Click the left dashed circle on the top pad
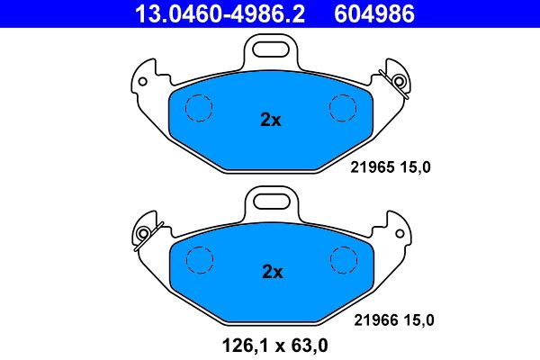tap(197, 108)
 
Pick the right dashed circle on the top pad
tap(344, 108)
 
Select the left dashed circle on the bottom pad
tap(197, 261)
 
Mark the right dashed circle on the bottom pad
tap(344, 261)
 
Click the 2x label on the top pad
tap(271, 119)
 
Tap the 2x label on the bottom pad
tap(271, 271)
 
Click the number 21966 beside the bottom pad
tap(373, 319)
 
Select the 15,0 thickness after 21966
tap(418, 319)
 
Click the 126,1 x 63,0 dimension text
tap(270, 343)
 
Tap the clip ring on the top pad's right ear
tap(400, 80)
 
